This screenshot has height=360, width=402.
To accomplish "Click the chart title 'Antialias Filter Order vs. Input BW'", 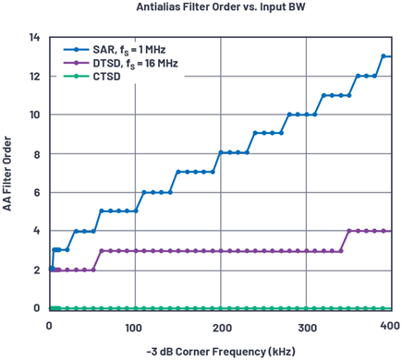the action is tap(221, 6).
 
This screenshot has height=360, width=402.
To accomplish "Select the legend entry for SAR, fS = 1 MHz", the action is tap(115, 50).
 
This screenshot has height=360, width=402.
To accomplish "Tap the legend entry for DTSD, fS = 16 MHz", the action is tap(121, 63).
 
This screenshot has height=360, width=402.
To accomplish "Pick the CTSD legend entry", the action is tap(91, 76).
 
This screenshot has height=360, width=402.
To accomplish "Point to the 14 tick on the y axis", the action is tap(34, 37).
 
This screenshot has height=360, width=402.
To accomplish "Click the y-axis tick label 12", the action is tap(34, 77).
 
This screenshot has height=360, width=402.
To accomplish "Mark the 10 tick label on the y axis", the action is tap(34, 114).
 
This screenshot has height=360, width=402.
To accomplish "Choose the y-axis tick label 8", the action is tap(37, 154).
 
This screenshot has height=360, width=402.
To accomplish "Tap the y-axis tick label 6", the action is tap(37, 193).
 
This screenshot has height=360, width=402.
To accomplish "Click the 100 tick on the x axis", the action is tap(134, 328).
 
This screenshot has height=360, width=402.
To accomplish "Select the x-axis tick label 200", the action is tap(221, 328).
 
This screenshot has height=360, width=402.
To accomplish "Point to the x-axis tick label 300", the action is tap(307, 328).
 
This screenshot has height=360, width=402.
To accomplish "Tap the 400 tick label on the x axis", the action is tap(390, 326).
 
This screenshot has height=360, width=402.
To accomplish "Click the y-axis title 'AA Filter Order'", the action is tap(7, 174).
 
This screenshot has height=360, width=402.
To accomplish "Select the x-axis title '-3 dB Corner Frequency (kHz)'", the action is tap(221, 352).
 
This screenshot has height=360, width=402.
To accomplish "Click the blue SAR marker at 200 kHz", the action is tap(221, 152).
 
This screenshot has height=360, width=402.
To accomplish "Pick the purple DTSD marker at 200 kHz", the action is tap(221, 251).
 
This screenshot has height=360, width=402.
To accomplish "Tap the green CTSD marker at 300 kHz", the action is tap(307, 308).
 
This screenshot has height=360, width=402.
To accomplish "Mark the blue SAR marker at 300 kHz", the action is tap(307, 114).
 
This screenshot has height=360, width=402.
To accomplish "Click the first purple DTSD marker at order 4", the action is tap(349, 231).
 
